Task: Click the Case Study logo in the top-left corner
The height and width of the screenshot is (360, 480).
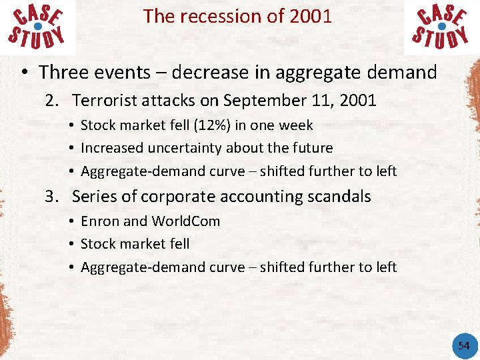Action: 38,27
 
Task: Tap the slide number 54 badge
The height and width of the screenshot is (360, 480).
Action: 463,345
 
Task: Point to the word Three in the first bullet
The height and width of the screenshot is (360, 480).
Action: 65,72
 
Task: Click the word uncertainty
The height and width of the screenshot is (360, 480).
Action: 171,148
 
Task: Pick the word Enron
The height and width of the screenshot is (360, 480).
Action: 99,221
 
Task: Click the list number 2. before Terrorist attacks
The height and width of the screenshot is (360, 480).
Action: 52,101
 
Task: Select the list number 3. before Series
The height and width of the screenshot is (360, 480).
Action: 52,197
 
